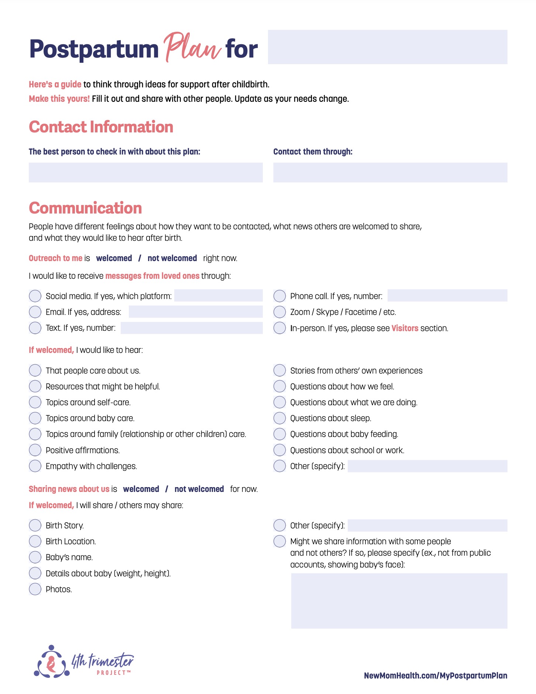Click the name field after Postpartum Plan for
(387, 47)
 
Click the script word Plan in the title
(192, 48)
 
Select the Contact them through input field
(390, 173)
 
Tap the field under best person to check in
(145, 173)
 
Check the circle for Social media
(35, 296)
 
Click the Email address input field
(195, 312)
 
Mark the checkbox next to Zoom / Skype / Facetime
(279, 312)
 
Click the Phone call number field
(447, 296)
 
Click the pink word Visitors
(405, 328)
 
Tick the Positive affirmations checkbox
(35, 450)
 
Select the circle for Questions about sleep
(279, 418)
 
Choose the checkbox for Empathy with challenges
(35, 466)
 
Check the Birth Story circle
(35, 525)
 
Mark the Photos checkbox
(35, 589)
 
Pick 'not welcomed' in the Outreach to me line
(172, 258)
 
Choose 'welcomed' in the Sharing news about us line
(141, 489)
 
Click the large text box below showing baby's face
(399, 600)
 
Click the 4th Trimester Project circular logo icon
(52, 662)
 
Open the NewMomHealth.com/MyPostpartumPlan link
(435, 676)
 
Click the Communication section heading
(85, 208)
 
